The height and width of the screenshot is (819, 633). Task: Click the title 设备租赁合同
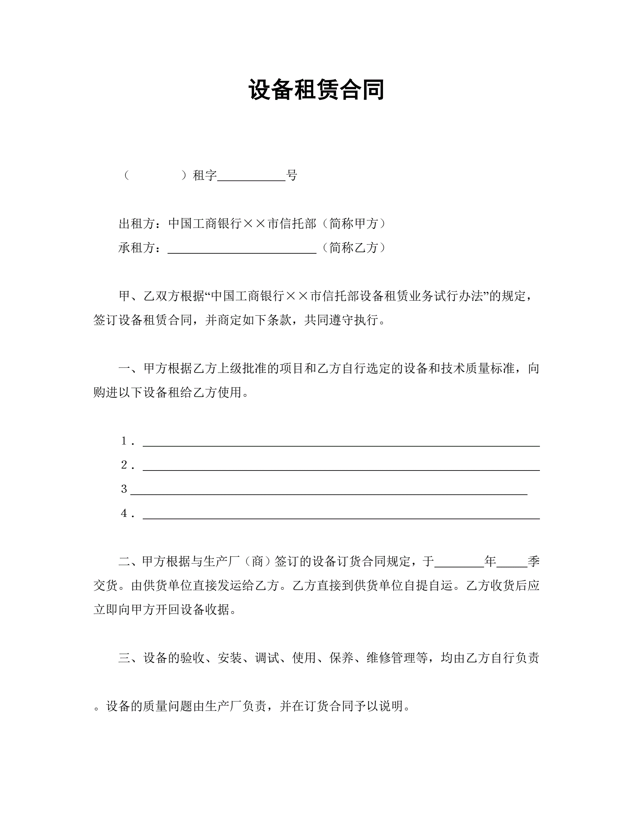click(316, 90)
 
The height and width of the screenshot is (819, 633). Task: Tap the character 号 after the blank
click(291, 175)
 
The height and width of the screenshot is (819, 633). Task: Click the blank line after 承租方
click(242, 249)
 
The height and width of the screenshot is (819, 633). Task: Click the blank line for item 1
click(341, 443)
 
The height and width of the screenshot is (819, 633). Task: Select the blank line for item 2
click(341, 466)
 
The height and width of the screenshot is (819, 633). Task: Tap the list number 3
click(124, 489)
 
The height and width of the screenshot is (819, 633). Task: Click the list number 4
click(124, 513)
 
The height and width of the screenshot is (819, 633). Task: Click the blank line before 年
click(459, 563)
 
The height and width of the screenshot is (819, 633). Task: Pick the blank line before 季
click(512, 563)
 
